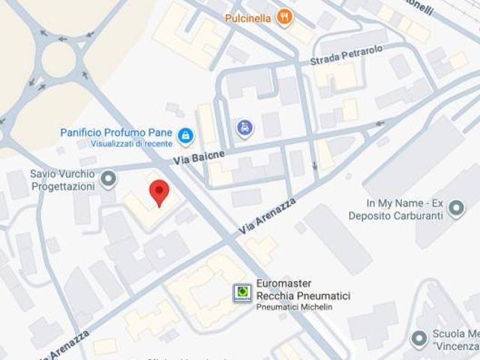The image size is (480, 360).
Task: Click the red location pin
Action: coord(158,192)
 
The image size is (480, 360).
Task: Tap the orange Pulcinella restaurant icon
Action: coord(284,16)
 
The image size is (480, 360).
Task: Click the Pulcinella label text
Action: coord(247,16)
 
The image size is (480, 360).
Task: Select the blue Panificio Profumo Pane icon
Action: coord(185,136)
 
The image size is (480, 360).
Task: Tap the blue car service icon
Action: coord(244,128)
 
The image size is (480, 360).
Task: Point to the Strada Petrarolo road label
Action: coord(342,55)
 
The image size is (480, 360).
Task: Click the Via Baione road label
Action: coord(199,156)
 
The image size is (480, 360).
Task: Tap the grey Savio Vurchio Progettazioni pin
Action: coord(109,178)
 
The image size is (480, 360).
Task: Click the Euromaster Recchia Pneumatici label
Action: coord(302,290)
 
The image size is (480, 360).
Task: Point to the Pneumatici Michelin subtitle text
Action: coord(293,307)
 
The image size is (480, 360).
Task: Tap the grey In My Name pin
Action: coord(456,208)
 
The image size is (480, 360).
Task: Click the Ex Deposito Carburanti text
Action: coord(395,215)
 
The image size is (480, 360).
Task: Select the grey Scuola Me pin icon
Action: coord(419,339)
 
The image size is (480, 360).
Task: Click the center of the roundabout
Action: coord(58,60)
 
